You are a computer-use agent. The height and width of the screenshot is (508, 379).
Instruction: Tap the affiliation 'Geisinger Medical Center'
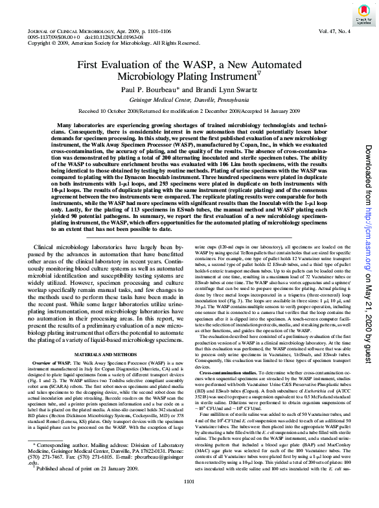162,101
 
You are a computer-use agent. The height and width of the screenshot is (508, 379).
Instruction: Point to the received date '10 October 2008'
121,111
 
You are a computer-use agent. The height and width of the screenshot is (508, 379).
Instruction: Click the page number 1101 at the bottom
189,498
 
